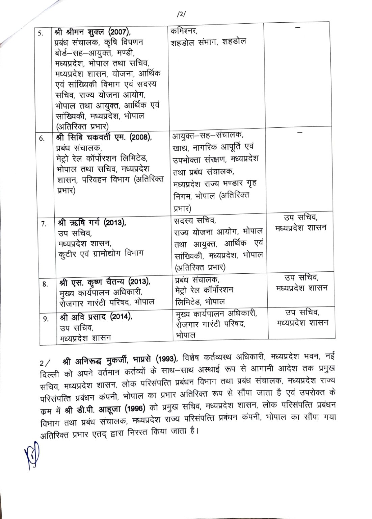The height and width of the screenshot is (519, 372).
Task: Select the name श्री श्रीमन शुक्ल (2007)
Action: point(91,33)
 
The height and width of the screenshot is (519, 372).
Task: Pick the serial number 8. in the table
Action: point(45,283)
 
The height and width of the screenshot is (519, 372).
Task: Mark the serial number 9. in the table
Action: point(46,319)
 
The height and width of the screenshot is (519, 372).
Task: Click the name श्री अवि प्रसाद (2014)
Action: point(96,317)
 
